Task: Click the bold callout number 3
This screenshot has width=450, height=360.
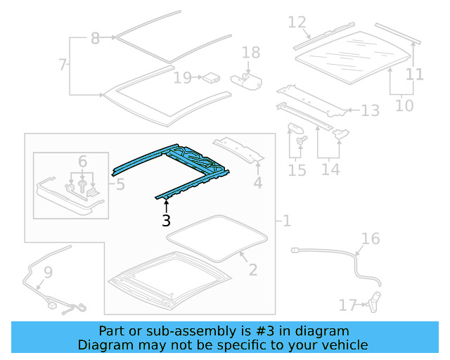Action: tap(166, 220)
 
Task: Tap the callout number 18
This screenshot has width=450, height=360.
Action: tap(251, 53)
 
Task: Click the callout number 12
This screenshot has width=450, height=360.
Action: tap(297, 22)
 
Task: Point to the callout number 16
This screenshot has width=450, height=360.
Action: tap(371, 239)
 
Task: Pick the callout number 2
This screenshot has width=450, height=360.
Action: tap(253, 269)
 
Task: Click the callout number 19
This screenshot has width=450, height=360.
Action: tap(182, 77)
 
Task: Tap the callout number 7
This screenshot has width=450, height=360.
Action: tap(63, 65)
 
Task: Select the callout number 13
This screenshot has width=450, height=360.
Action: tap(370, 110)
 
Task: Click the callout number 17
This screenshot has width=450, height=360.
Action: tap(348, 305)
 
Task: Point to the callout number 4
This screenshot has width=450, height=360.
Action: tap(258, 184)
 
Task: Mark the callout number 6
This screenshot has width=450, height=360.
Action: tap(82, 162)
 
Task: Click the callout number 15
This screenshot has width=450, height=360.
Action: tap(297, 170)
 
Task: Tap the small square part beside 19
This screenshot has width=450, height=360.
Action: tap(210, 77)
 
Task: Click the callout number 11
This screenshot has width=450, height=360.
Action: tap(415, 74)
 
